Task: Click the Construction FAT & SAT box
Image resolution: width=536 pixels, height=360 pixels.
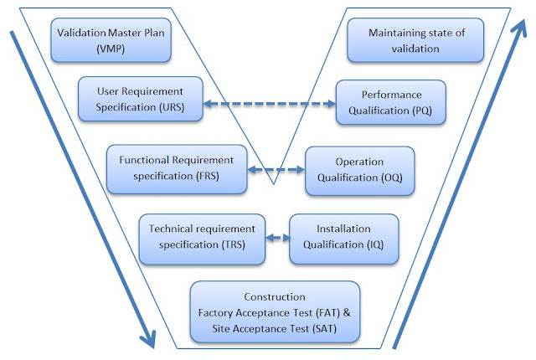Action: point(276,311)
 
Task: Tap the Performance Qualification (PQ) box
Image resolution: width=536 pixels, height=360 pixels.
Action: point(390,102)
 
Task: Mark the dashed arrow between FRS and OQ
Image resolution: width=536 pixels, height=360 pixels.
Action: point(276,169)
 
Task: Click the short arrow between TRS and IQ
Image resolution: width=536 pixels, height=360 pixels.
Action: point(277,238)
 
